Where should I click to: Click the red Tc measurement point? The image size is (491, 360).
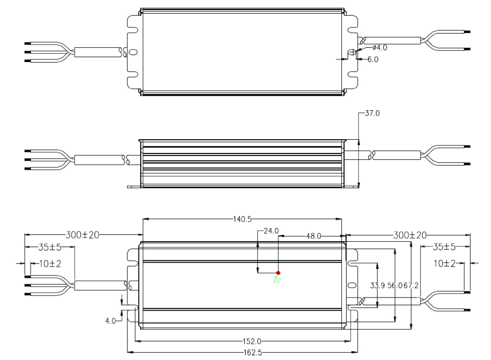[278, 273]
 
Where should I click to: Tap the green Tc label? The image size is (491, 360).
[277, 281]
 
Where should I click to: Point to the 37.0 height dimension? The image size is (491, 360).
[372, 113]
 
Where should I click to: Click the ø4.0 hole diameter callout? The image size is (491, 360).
[379, 48]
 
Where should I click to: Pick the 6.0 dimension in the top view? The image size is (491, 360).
[373, 59]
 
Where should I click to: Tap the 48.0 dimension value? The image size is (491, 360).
[314, 236]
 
